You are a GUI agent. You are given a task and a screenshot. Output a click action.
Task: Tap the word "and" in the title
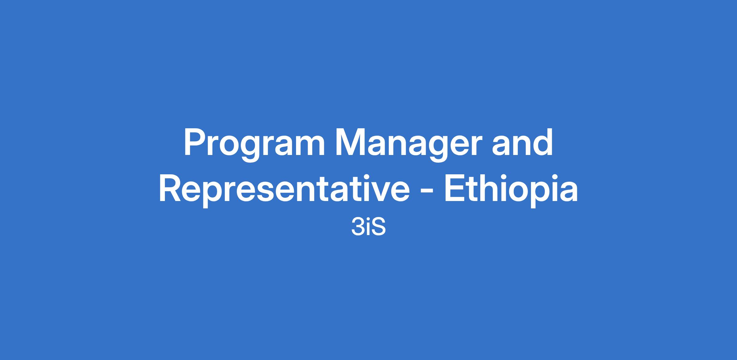pyautogui.click(x=522, y=143)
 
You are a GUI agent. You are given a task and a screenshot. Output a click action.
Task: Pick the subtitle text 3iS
pyautogui.click(x=368, y=228)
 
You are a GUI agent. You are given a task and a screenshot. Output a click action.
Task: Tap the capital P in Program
pyautogui.click(x=195, y=143)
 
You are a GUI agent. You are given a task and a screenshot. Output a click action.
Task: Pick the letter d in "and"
pyautogui.click(x=543, y=143)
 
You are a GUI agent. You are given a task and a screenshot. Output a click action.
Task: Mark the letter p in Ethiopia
pyautogui.click(x=540, y=195)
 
